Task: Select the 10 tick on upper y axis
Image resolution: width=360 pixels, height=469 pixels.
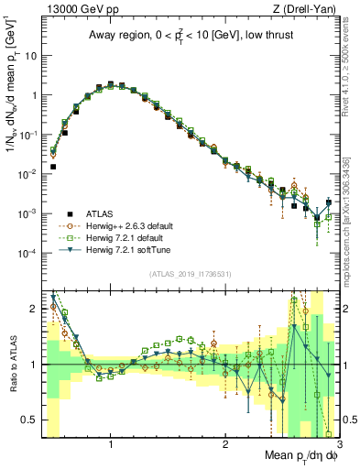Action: pos(30,55)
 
